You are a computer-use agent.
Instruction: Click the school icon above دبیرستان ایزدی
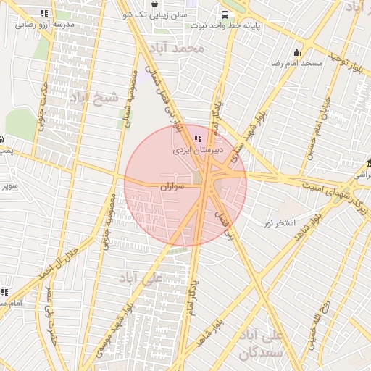[x=198, y=138]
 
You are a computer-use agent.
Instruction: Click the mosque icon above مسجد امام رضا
[x=296, y=52]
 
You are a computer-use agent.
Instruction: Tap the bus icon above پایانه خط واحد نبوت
[x=226, y=14]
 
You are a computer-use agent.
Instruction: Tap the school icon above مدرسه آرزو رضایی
[x=45, y=12]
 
